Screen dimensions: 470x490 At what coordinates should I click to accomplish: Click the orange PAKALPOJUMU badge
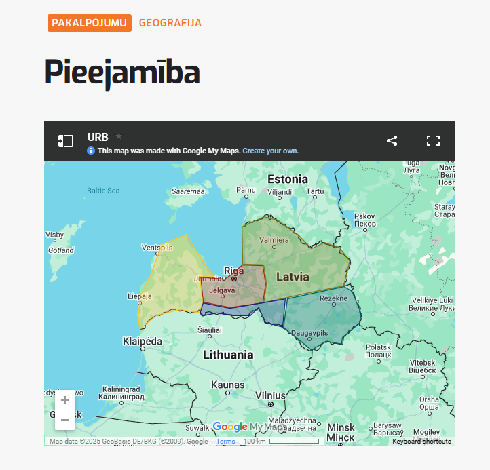pyautogui.click(x=90, y=23)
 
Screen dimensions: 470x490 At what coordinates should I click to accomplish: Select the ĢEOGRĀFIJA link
pyautogui.click(x=170, y=23)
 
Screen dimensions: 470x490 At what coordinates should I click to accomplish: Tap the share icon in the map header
pyautogui.click(x=392, y=141)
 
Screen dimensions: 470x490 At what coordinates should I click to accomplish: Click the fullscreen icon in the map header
pyautogui.click(x=433, y=141)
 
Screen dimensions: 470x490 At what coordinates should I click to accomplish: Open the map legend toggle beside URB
pyautogui.click(x=66, y=141)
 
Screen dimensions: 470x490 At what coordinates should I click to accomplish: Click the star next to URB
pyautogui.click(x=119, y=136)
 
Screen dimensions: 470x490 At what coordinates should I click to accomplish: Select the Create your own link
pyautogui.click(x=270, y=151)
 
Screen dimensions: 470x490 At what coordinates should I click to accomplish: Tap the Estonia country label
pyautogui.click(x=288, y=180)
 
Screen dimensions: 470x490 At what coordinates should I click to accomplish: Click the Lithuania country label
pyautogui.click(x=228, y=355)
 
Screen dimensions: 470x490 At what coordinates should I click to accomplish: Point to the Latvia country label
pyautogui.click(x=293, y=277)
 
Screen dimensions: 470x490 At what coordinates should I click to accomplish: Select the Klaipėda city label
pyautogui.click(x=143, y=341)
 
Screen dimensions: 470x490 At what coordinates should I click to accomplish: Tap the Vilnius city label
pyautogui.click(x=271, y=395)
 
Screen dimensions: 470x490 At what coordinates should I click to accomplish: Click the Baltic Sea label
pyautogui.click(x=103, y=191)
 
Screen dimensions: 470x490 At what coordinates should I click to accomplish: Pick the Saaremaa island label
pyautogui.click(x=188, y=191)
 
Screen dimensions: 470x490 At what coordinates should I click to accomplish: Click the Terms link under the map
pyautogui.click(x=225, y=442)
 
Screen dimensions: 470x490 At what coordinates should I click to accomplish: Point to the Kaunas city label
pyautogui.click(x=227, y=385)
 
